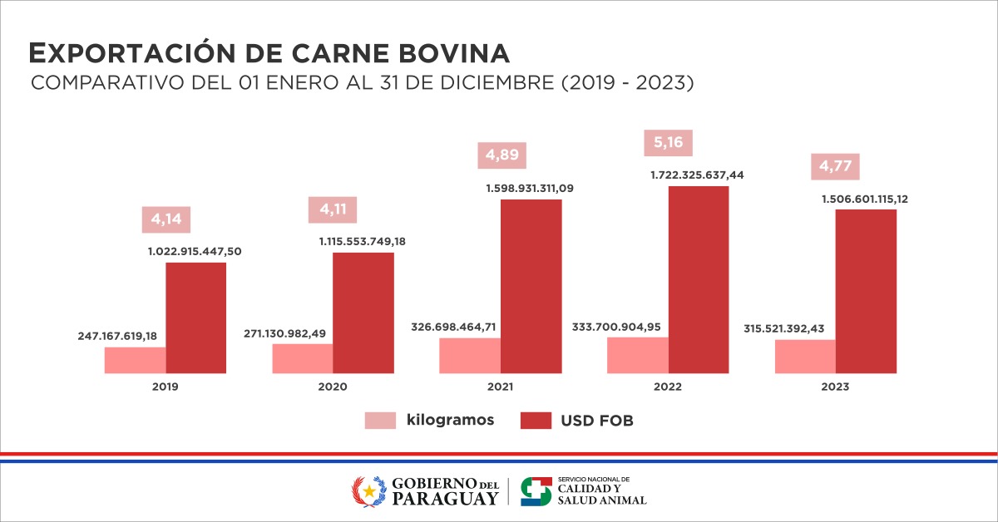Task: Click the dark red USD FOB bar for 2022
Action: coord(699,279)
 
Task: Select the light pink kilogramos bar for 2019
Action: coord(135,360)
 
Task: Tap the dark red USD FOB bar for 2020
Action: coord(363,313)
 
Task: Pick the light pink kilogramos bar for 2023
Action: coord(805,357)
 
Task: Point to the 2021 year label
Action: coord(501,387)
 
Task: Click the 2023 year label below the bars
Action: coord(836,387)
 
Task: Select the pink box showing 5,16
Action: coord(669,143)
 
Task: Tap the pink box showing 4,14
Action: coord(166,221)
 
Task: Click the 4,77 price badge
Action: coord(836,165)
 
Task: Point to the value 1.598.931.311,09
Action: coord(530,189)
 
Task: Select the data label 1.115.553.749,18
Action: coord(363,241)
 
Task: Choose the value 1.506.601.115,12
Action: coord(864,199)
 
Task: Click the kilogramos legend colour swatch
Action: coord(380,421)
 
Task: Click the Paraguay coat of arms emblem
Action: coord(368,490)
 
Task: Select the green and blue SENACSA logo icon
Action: coord(536,490)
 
